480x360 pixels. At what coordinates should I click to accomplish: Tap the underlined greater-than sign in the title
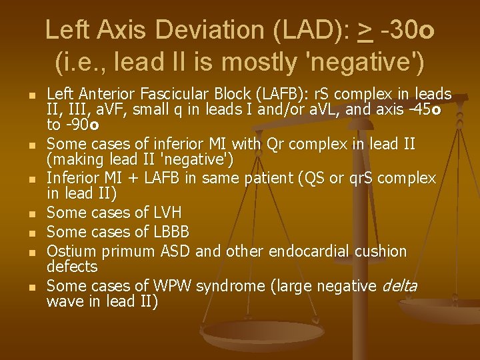pyautogui.click(x=364, y=31)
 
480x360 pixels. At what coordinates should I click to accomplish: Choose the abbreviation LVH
pyautogui.click(x=167, y=213)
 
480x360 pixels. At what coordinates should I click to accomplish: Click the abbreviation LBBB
pyautogui.click(x=171, y=232)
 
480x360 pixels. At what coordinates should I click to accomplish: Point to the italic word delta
pyautogui.click(x=399, y=286)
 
